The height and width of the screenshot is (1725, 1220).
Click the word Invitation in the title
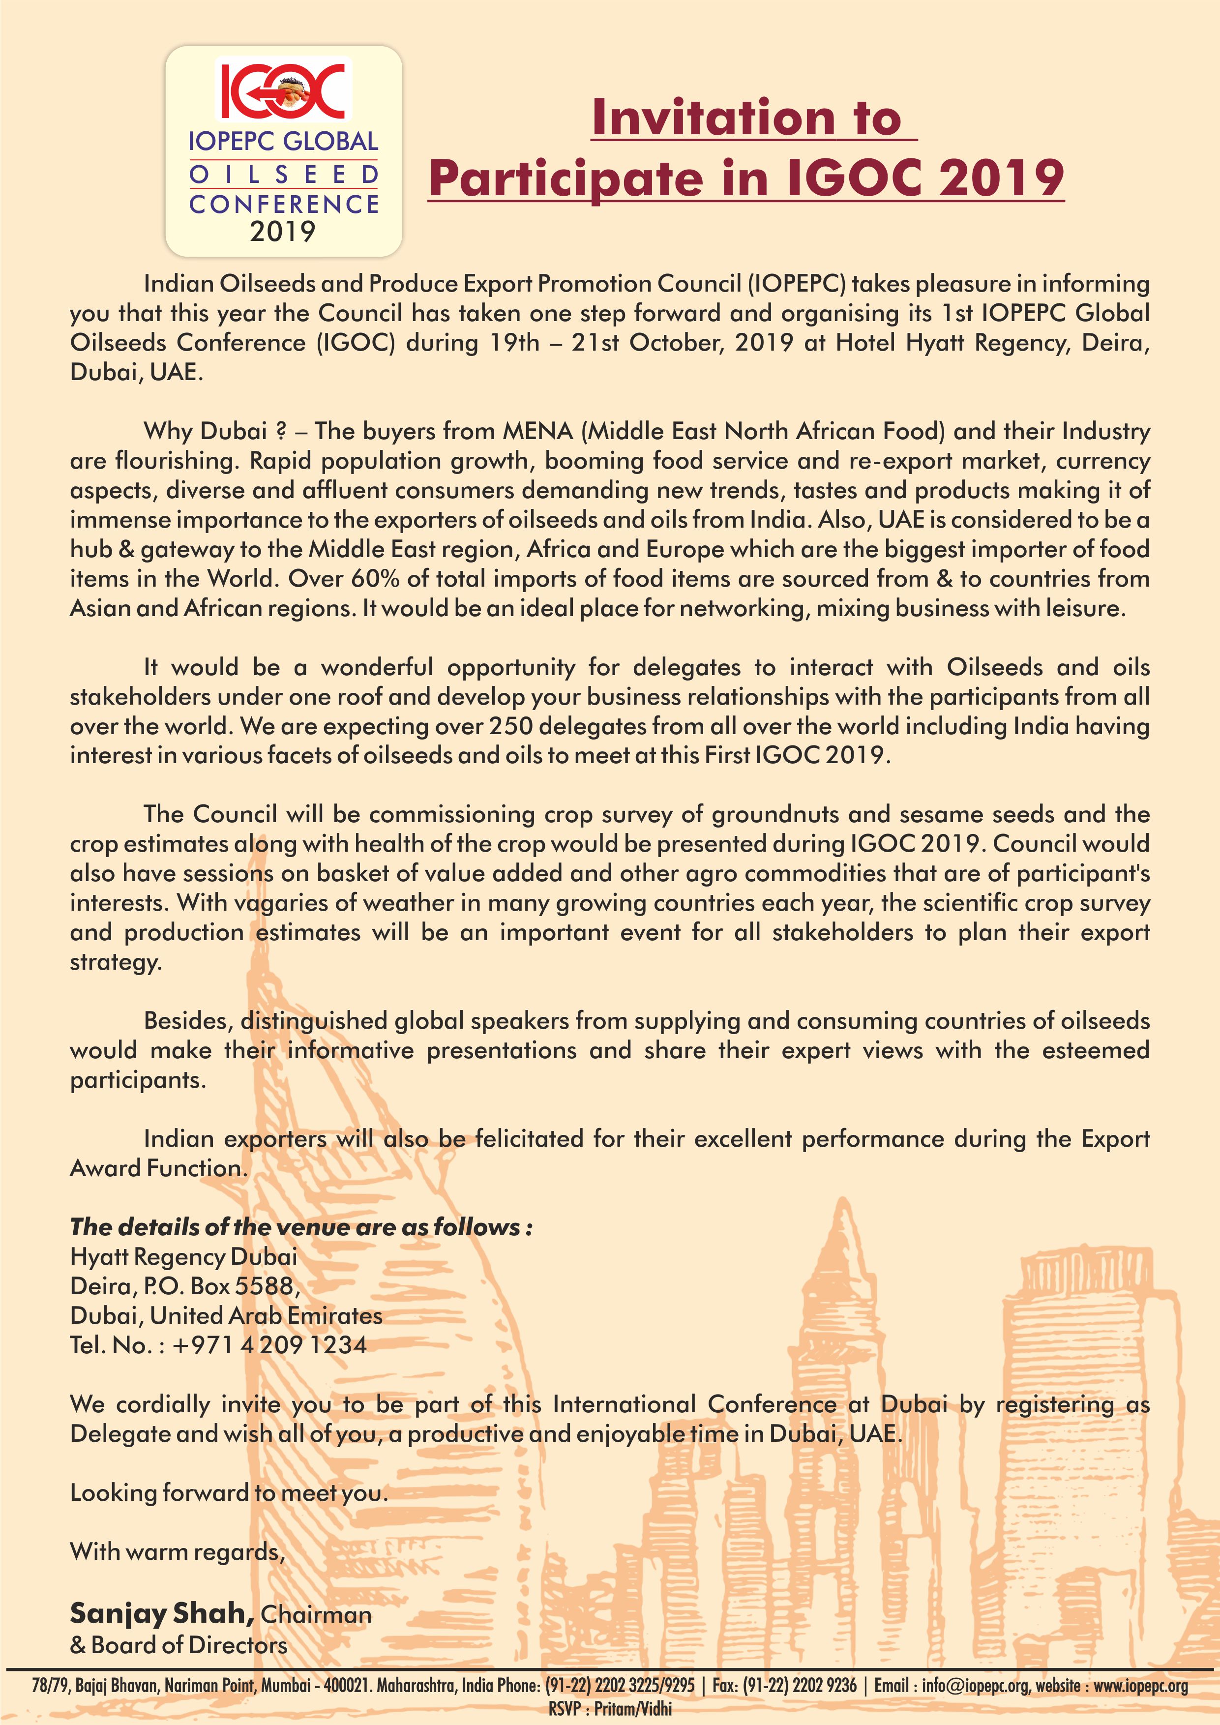[712, 118]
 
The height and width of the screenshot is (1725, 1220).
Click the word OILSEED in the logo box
[283, 174]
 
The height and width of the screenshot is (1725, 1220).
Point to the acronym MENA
[537, 431]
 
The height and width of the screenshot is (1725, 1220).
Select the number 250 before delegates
[511, 726]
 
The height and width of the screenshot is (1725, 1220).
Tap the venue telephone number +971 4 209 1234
[269, 1345]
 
